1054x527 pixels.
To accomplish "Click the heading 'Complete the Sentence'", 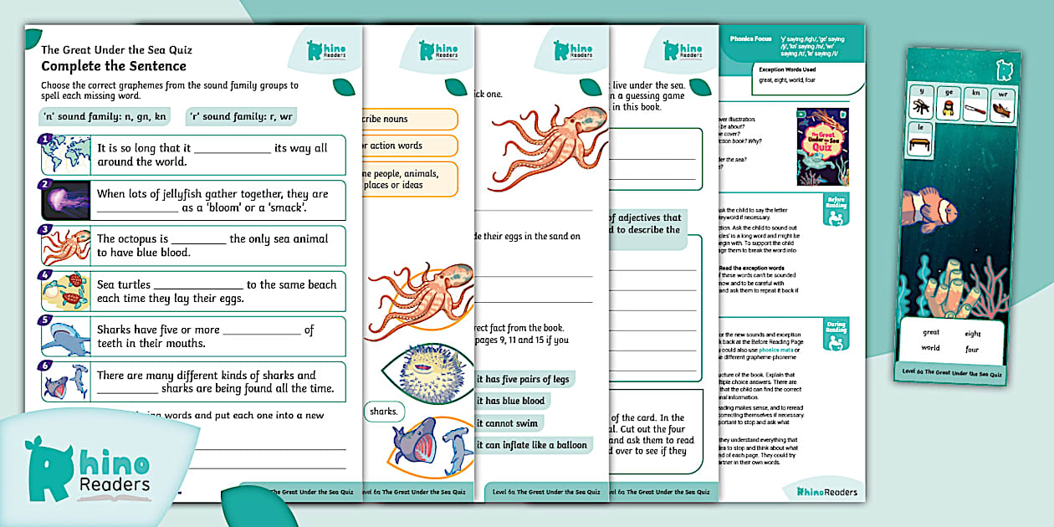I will click(114, 66).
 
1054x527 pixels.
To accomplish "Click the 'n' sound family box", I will click(103, 116).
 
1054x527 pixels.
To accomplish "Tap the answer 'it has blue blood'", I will click(510, 401).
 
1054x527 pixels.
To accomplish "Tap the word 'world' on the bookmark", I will click(930, 348).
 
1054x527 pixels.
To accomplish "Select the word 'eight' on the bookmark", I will click(972, 333).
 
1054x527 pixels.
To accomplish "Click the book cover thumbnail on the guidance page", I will click(822, 146).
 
